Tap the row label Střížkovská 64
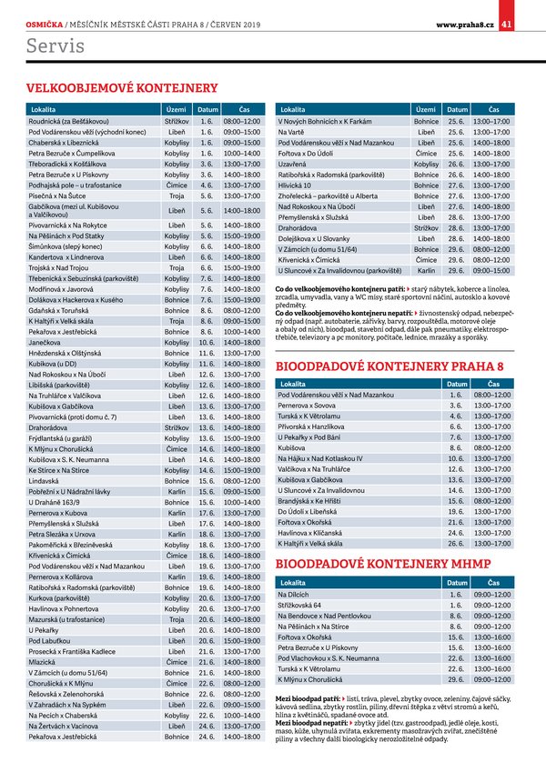(x=299, y=605)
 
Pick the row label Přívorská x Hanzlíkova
(x=311, y=426)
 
